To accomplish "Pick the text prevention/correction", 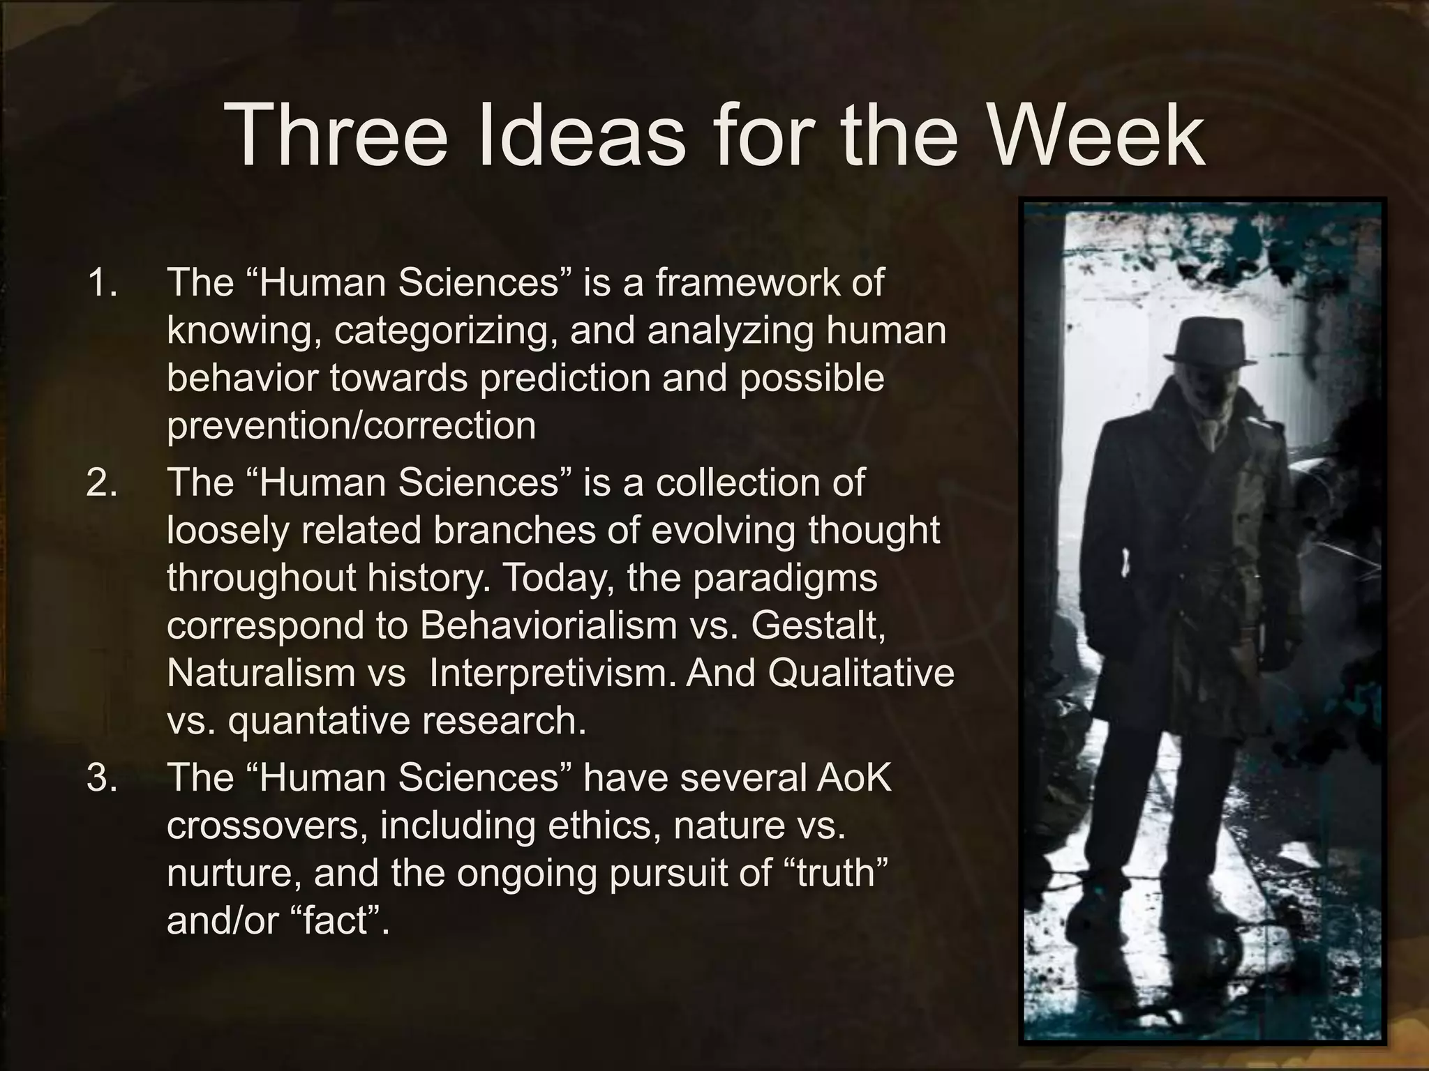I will tap(351, 426).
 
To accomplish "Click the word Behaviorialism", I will tap(548, 625).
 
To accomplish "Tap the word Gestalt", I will tap(819, 625).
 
